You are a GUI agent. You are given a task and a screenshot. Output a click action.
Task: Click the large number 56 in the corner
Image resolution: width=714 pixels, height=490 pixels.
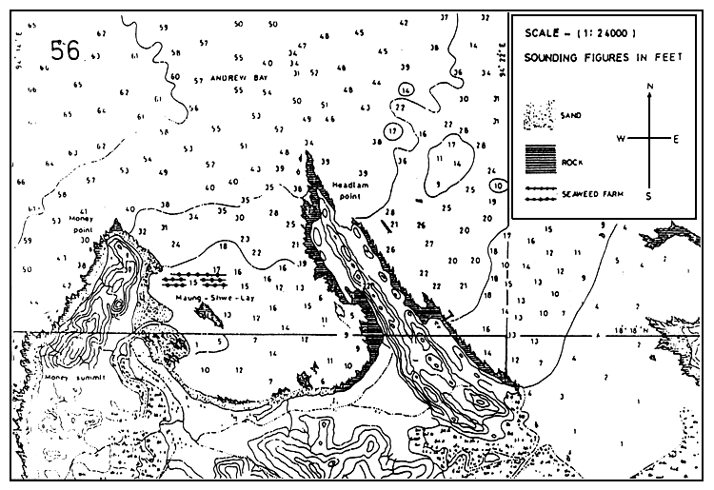[66, 50]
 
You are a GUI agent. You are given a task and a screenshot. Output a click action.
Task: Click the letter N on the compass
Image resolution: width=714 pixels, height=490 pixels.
[648, 87]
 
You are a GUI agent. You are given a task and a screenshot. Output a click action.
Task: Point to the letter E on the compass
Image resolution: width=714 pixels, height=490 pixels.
[677, 139]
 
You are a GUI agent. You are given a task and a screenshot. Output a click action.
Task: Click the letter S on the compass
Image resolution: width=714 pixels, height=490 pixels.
[648, 196]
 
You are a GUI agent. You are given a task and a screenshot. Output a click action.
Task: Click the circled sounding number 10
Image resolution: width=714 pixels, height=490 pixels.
[498, 186]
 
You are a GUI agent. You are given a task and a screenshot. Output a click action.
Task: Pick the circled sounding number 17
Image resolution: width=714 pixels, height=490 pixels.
[392, 130]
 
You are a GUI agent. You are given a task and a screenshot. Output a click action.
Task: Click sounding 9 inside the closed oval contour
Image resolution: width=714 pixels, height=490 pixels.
[437, 183]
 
